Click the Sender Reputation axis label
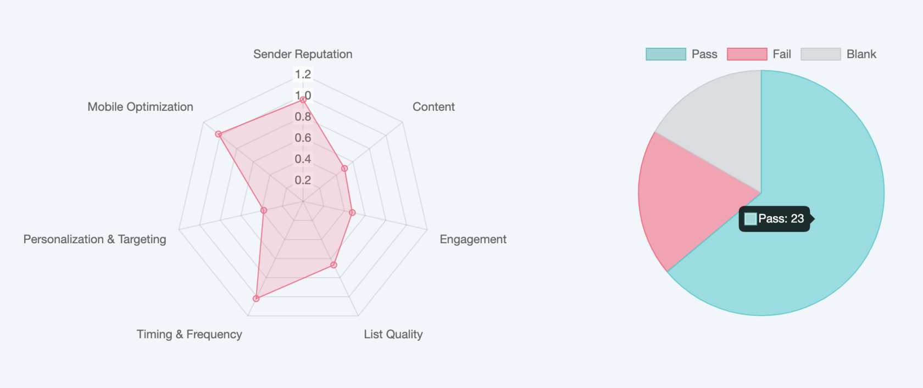pyautogui.click(x=303, y=54)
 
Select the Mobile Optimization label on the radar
pyautogui.click(x=140, y=107)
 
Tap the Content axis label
pyautogui.click(x=433, y=107)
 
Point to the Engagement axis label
pyautogui.click(x=472, y=239)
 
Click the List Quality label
pyautogui.click(x=393, y=334)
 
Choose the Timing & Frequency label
pyautogui.click(x=189, y=334)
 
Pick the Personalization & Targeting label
pyautogui.click(x=94, y=239)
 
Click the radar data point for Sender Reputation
pyautogui.click(x=303, y=100)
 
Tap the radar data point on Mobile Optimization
pyautogui.click(x=218, y=134)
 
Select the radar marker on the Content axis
pyautogui.click(x=344, y=168)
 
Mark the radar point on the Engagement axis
pyautogui.click(x=352, y=212)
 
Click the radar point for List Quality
pyautogui.click(x=333, y=265)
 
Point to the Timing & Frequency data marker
pyautogui.click(x=256, y=299)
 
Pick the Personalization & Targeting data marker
pyautogui.click(x=264, y=210)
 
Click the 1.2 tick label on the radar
pyautogui.click(x=303, y=74)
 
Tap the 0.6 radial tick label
pyautogui.click(x=303, y=138)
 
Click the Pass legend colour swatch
pyautogui.click(x=666, y=54)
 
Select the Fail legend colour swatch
pyautogui.click(x=747, y=54)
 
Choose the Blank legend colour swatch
pyautogui.click(x=820, y=54)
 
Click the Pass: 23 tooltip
pyautogui.click(x=775, y=219)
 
